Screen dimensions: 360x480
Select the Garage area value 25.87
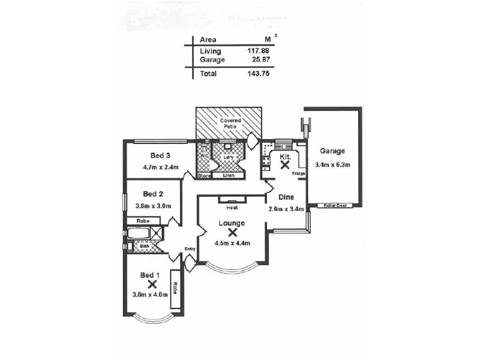pyautogui.click(x=257, y=60)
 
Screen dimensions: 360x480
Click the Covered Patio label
pyautogui.click(x=229, y=123)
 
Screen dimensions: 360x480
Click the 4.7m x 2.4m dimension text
pyautogui.click(x=158, y=167)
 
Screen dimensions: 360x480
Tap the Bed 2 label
pyautogui.click(x=154, y=194)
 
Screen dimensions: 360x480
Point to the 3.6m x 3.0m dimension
pyautogui.click(x=154, y=206)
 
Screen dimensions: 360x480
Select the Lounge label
pyautogui.click(x=232, y=223)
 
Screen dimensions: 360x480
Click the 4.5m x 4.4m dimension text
pyautogui.click(x=232, y=243)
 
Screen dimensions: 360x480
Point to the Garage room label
pyautogui.click(x=332, y=151)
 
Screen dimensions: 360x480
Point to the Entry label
pyautogui.click(x=190, y=248)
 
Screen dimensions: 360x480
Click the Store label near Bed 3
pyautogui.click(x=205, y=176)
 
